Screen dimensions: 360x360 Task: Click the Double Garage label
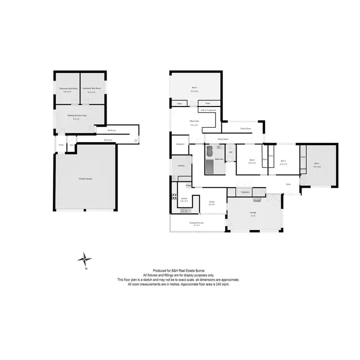[x=85, y=179]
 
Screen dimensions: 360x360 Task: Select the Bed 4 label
[x=194, y=87]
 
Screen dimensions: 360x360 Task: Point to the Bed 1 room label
[x=317, y=164]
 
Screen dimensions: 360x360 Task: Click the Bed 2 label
[x=283, y=161]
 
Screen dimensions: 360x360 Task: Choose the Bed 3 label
[x=252, y=160]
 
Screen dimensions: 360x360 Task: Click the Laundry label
[x=181, y=166]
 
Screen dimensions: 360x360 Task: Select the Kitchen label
[x=184, y=198]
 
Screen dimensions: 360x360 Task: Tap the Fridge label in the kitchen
[x=188, y=185]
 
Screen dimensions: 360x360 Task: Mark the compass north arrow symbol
[x=85, y=259]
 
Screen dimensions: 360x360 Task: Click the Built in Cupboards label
[x=208, y=110]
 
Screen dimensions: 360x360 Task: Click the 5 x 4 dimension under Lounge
[x=253, y=216]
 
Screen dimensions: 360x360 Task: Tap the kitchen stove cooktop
[x=173, y=196]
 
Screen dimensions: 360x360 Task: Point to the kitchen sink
[x=185, y=211]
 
